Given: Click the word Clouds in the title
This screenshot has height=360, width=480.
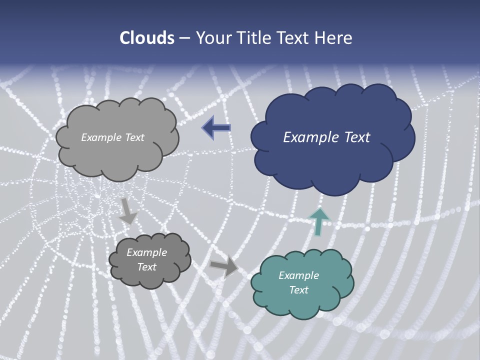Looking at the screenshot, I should click(147, 38).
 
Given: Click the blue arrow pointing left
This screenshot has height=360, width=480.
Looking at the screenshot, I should click(216, 128).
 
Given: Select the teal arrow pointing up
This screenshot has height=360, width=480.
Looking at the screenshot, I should click(319, 220).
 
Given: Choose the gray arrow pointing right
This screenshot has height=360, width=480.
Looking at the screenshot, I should click(223, 267).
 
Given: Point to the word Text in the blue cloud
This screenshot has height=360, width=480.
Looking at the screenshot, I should click(357, 137).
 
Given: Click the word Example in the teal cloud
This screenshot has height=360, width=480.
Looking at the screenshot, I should click(298, 275).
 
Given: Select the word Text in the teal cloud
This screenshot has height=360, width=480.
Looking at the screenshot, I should click(298, 290).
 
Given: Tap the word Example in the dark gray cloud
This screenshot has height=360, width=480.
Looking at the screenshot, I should click(146, 252).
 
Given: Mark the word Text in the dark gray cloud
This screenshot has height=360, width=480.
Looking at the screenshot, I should click(146, 267).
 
